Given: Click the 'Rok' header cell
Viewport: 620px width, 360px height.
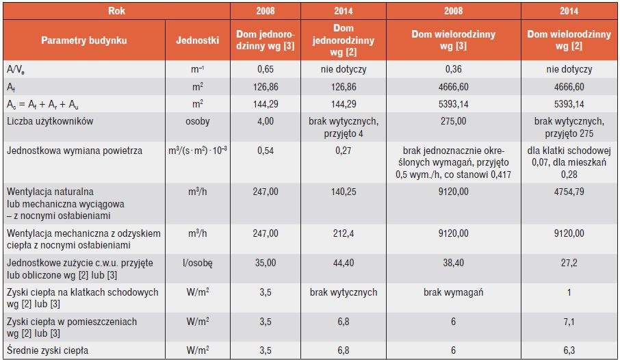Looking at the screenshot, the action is (x=116, y=11).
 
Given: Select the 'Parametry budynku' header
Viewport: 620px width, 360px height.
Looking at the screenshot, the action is (x=83, y=40).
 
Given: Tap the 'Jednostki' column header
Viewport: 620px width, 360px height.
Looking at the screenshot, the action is (x=197, y=40).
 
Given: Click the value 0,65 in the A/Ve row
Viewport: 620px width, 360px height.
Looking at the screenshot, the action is (x=266, y=69).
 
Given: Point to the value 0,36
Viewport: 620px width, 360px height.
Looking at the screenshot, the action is (x=453, y=69).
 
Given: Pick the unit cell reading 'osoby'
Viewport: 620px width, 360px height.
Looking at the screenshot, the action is (x=197, y=121).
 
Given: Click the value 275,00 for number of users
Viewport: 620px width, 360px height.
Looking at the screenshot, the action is (x=453, y=121).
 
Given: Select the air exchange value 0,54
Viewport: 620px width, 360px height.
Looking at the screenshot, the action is (x=266, y=151).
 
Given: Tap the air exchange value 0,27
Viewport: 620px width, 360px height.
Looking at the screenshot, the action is (x=344, y=151).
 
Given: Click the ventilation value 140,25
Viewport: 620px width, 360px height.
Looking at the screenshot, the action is (x=344, y=192).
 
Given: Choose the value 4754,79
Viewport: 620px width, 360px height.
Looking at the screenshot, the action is (x=569, y=192).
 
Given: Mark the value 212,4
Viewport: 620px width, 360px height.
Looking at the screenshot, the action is (x=344, y=233).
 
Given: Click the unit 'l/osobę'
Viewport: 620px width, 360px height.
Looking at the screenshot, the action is (x=197, y=263).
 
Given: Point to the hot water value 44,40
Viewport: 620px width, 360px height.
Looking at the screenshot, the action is (x=344, y=263).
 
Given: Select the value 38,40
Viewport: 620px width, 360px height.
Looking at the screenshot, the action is (x=453, y=263).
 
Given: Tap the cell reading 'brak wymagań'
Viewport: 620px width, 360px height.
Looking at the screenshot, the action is (x=453, y=292).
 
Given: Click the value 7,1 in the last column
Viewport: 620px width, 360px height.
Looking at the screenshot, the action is (x=569, y=322).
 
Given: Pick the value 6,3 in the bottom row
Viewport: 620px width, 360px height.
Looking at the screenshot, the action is (x=569, y=350).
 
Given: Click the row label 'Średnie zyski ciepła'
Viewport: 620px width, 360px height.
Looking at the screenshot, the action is (x=47, y=351).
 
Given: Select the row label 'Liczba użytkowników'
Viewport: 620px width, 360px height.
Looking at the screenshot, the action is (x=50, y=121).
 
